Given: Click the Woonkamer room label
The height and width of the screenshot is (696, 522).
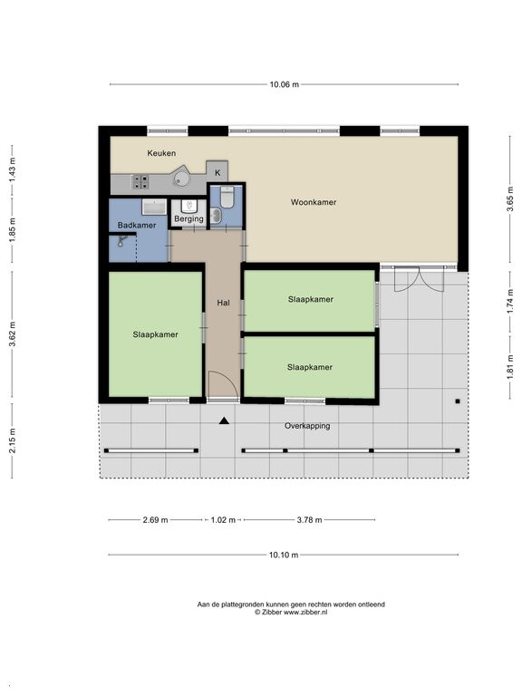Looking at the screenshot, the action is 314,202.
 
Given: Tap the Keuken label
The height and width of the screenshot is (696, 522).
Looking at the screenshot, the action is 161,153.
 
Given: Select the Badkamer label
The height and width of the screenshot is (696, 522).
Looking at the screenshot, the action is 137,225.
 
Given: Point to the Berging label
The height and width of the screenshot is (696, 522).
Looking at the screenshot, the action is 188,218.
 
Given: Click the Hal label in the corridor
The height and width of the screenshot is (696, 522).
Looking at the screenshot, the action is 223,303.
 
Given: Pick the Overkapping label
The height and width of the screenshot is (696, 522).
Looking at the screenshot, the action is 307,426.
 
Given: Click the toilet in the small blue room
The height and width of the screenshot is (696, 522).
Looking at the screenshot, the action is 227,197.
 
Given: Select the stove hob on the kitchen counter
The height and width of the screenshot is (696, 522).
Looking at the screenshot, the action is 141,181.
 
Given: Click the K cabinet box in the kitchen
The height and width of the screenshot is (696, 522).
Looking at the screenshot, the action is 217,172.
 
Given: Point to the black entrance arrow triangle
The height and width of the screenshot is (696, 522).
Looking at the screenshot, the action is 224,420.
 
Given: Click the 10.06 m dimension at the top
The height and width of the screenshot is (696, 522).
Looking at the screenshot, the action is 284,84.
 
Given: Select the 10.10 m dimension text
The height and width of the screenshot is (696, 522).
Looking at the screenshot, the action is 284,555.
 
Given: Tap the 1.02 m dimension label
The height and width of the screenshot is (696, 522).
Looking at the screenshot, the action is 223,520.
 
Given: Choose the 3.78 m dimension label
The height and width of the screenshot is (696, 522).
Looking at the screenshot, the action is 309,520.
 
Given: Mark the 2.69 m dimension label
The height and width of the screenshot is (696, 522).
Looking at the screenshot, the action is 155,520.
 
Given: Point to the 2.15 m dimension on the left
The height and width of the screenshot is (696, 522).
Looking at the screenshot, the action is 13,440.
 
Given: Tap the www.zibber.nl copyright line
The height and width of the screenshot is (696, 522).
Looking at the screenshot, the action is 291,612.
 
